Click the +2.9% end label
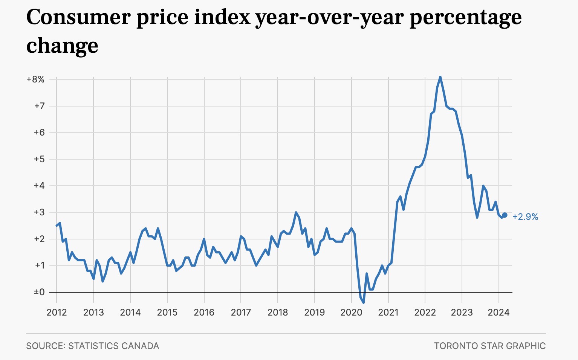tap(525, 217)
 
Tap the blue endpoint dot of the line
tap(505, 215)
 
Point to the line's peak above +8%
tap(440, 77)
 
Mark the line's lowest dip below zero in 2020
tap(364, 302)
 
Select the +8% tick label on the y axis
tap(35, 79)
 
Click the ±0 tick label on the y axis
tap(39, 292)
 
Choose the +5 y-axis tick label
tap(39, 159)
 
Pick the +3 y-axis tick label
tap(39, 212)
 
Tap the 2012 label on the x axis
tap(57, 313)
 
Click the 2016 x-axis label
tap(204, 313)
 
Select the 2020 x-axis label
tap(351, 313)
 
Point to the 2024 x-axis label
tap(498, 313)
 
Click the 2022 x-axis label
tap(425, 313)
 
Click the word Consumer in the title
tap(79, 17)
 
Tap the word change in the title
tap(62, 46)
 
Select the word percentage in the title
tap(465, 17)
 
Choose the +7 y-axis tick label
tap(39, 106)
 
